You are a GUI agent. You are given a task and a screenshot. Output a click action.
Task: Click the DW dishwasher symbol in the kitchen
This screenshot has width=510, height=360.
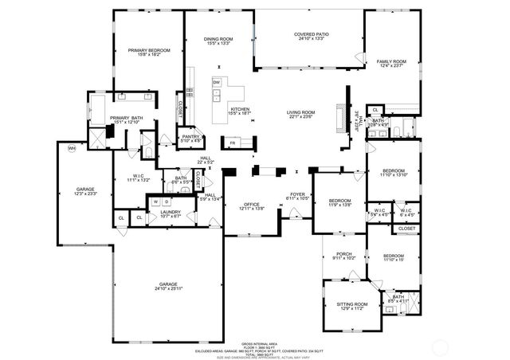(x=216, y=82)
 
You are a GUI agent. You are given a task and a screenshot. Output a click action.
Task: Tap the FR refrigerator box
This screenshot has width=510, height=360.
(x=233, y=143)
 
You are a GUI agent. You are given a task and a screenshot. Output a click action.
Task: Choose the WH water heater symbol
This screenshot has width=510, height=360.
(x=72, y=148)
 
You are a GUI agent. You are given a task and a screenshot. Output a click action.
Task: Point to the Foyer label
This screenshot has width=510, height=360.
(x=297, y=194)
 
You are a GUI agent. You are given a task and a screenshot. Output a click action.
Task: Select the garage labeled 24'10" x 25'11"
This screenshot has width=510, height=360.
(x=167, y=287)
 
